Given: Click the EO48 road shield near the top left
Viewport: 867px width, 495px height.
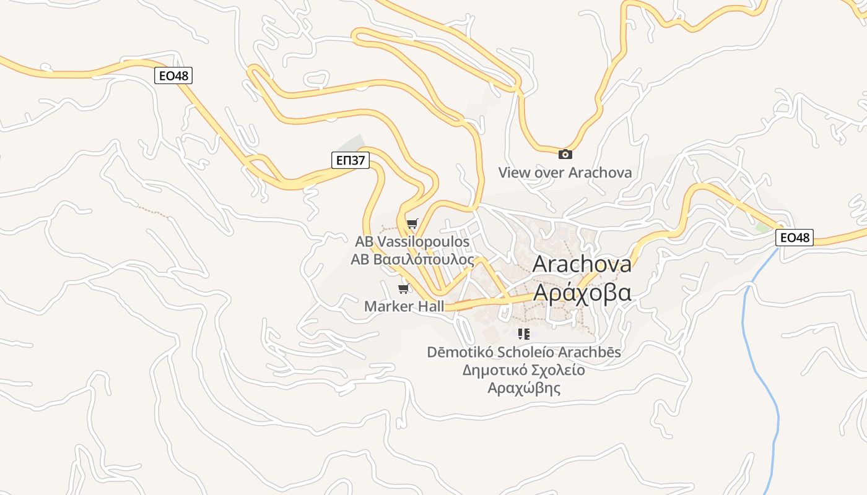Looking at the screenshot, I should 173,76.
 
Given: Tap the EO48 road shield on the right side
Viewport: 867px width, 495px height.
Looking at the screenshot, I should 795,237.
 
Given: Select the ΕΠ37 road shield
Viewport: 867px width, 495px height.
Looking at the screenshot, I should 351,161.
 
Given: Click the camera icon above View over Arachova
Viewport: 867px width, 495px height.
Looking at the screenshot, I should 565,155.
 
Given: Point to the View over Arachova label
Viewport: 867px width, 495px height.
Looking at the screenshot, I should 565,173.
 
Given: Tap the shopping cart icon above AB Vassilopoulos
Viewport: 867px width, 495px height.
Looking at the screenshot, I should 412,223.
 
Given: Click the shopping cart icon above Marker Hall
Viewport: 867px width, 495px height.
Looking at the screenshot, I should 404,288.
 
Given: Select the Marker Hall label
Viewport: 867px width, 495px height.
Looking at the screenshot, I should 404,306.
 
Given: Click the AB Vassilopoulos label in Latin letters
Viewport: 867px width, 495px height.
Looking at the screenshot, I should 412,241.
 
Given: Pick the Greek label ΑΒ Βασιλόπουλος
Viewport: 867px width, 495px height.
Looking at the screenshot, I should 412,259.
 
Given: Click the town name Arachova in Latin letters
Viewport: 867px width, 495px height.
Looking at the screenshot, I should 582,264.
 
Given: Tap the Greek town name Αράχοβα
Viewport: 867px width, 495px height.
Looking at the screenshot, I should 582,293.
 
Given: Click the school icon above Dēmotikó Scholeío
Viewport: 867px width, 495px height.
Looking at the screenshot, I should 524,335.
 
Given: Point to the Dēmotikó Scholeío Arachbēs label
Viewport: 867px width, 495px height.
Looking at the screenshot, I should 524,353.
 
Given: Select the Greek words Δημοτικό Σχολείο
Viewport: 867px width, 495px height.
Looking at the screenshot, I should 524,371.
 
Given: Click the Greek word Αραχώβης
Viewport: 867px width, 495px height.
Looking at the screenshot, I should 524,389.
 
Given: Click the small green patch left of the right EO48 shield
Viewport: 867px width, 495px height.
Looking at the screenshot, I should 761,227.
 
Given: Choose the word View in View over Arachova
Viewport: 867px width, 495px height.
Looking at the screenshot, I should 515,173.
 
